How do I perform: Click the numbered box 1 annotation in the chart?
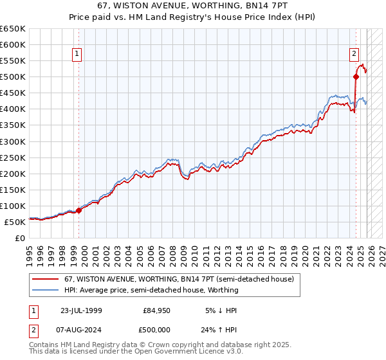click(x=77, y=54)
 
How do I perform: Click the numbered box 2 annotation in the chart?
click(x=354, y=54)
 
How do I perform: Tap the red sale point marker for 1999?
click(x=79, y=210)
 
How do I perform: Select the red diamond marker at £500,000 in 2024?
click(x=356, y=76)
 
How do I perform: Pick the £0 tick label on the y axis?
click(x=21, y=238)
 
